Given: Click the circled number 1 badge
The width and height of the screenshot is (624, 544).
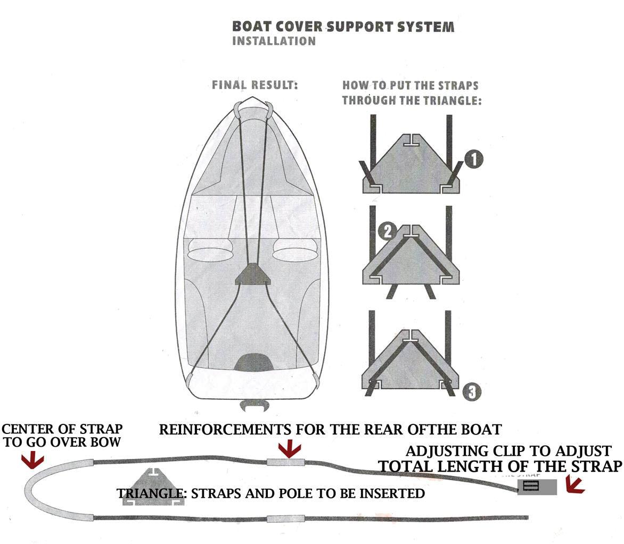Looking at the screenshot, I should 473,159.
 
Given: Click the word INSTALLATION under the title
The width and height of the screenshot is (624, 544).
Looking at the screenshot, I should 274,41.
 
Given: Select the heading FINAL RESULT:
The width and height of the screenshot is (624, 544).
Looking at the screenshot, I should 254,85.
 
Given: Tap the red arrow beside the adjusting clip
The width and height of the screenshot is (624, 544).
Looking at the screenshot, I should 576,484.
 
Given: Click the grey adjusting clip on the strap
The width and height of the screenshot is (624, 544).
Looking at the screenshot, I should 537,487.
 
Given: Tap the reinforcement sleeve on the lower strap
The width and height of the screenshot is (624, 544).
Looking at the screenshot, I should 285,518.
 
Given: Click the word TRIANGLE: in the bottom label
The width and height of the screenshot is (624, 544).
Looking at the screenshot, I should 152,493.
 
